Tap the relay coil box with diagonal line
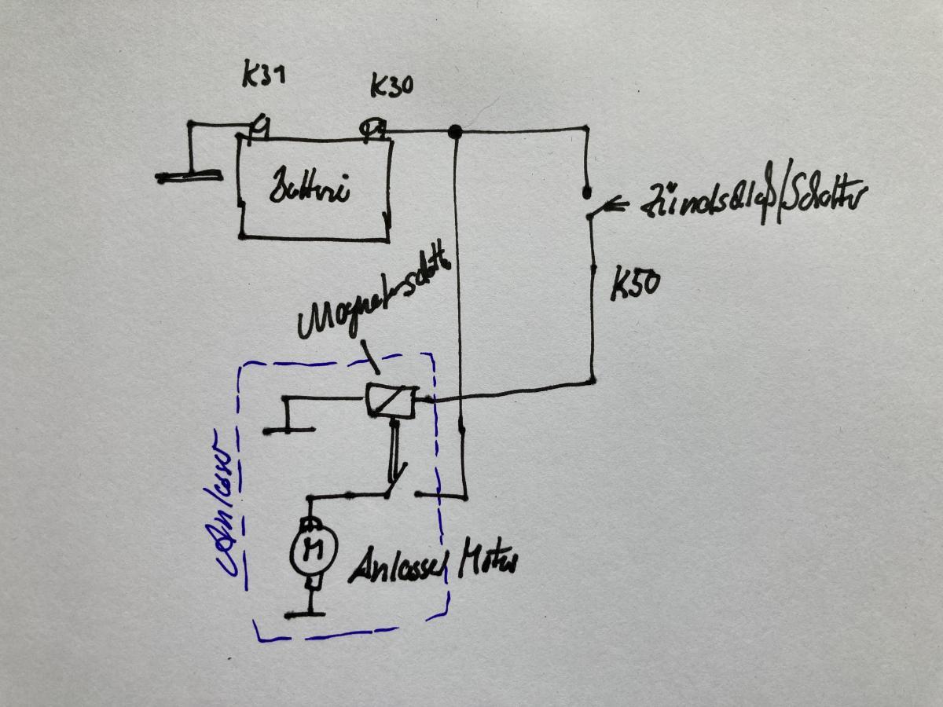391,401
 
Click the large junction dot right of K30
453,131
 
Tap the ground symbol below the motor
312,614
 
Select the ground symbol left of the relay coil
288,429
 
